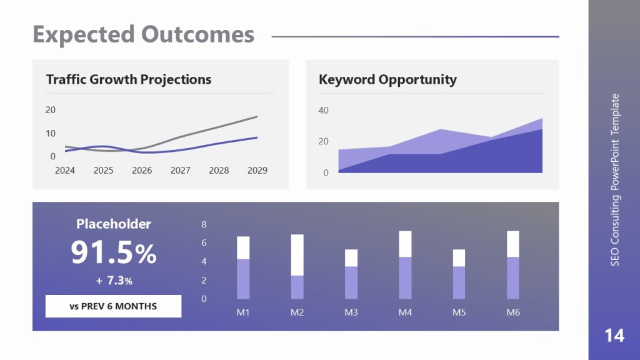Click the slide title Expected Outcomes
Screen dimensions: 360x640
[x=143, y=34]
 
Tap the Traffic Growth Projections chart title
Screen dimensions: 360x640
[x=129, y=79]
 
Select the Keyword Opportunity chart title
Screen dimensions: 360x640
[x=387, y=79]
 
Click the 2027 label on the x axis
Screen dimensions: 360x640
[x=181, y=170]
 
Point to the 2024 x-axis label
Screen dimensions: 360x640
[x=64, y=170]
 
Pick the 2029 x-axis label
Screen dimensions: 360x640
[x=257, y=170]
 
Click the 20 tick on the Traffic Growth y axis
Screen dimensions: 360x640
[x=51, y=110]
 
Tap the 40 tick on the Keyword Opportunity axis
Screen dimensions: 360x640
[x=324, y=111]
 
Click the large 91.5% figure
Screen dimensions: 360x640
[x=113, y=253]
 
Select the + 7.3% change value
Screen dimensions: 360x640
[x=114, y=281]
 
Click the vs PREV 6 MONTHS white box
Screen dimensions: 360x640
[x=113, y=306]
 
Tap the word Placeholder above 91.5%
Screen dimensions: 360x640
[x=113, y=224]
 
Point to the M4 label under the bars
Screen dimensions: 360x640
[x=405, y=312]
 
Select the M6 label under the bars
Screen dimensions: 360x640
[x=513, y=312]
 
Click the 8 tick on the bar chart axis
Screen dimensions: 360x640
[x=204, y=224]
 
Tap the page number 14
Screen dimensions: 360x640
[x=614, y=336]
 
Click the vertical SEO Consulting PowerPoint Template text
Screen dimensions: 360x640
[x=615, y=180]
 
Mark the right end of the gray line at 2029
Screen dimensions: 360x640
[x=257, y=116]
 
